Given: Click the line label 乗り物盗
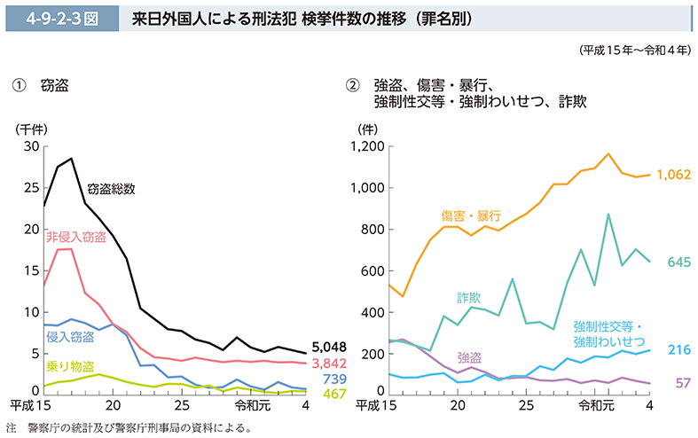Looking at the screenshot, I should [69, 365].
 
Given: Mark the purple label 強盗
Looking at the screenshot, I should [469, 357].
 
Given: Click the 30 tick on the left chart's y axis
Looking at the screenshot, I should [31, 146].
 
